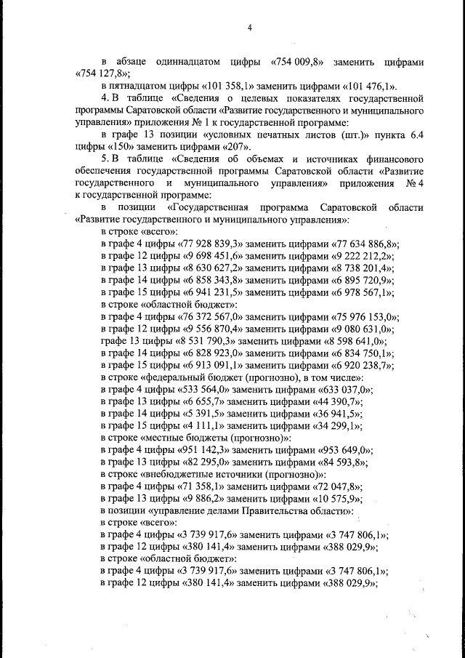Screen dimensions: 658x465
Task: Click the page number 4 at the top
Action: point(248,28)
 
